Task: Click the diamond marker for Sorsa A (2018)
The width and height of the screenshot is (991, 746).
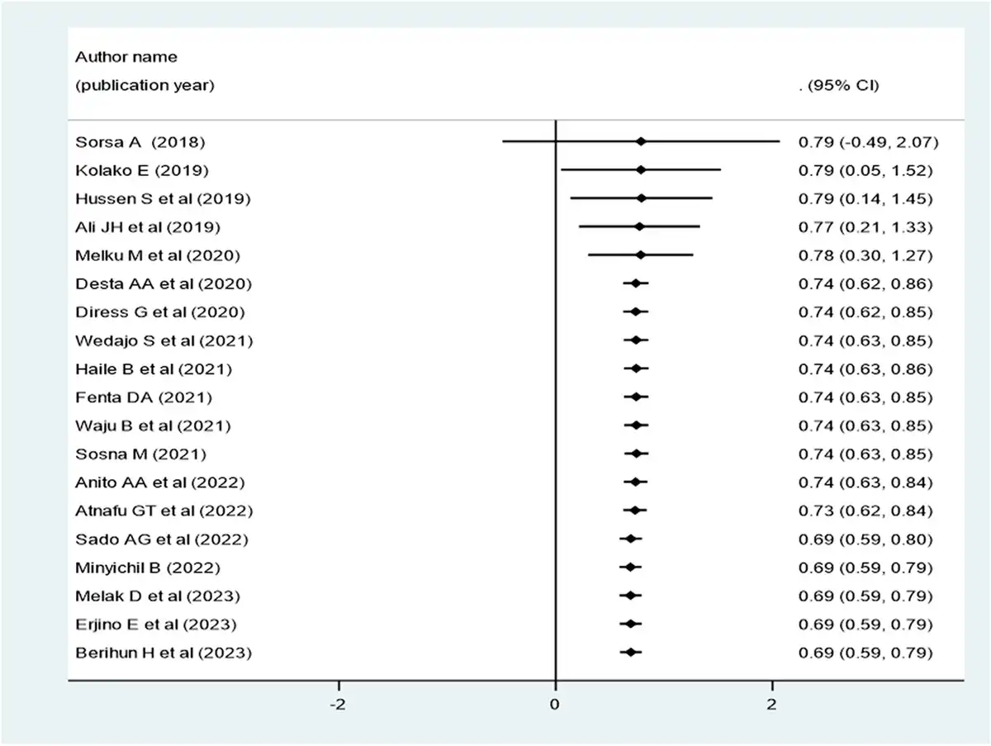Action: click(x=640, y=142)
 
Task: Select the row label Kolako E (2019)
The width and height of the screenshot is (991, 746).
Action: click(x=142, y=171)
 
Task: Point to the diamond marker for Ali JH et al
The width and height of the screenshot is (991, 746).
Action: click(x=639, y=226)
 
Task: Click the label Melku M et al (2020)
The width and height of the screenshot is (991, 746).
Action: click(x=158, y=255)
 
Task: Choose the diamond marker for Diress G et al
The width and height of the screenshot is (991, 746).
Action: click(x=636, y=311)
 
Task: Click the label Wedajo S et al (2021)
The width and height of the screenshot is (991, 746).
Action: click(x=164, y=341)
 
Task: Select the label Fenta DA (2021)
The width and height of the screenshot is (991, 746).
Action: click(x=144, y=397)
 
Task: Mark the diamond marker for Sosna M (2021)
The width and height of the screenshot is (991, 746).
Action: click(x=637, y=454)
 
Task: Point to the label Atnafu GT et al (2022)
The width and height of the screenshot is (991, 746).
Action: click(x=164, y=511)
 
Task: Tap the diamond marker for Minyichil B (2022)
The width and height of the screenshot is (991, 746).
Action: click(x=631, y=568)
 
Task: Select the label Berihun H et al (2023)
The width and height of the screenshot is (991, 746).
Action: click(x=164, y=653)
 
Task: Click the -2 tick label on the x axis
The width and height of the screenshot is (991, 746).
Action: click(x=338, y=704)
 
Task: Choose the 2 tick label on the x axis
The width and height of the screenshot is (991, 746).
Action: click(x=771, y=704)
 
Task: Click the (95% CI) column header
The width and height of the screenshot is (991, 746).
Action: click(x=843, y=85)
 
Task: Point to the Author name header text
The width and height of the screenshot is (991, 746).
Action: click(x=126, y=57)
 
